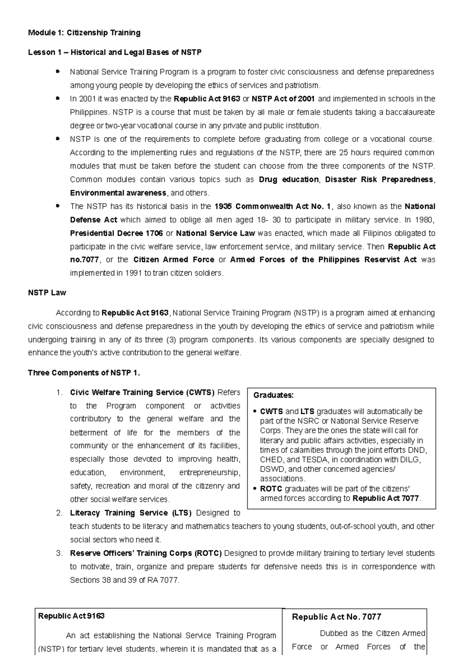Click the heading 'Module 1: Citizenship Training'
coord(84,33)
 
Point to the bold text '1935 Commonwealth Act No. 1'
coord(272,206)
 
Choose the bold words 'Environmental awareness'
coord(118,193)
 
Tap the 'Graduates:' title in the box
coord(274,395)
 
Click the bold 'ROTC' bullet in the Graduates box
coord(271,489)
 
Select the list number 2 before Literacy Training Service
coord(59,513)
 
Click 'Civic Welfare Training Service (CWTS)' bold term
coord(142,393)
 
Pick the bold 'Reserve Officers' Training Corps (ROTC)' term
coord(146,553)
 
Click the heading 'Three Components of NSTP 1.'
coord(84,373)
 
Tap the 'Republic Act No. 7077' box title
coord(336,617)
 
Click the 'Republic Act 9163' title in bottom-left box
coord(71,616)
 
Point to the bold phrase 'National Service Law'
coord(215,233)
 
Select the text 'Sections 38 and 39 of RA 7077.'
coord(125,580)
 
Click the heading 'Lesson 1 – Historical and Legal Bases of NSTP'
coord(115,52)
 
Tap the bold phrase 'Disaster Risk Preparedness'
coord(379,179)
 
